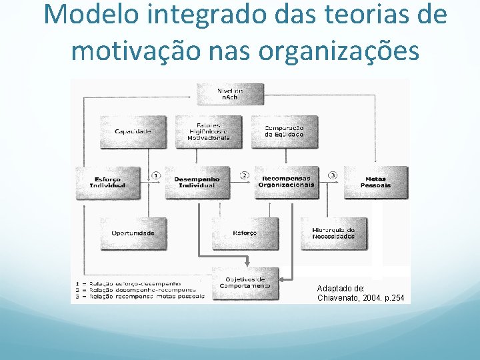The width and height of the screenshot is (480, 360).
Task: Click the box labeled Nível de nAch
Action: point(229,94)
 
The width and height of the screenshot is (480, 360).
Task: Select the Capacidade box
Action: point(133,131)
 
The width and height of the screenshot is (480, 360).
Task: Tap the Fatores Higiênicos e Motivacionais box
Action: point(208,131)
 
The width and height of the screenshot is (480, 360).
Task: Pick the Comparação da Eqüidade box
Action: point(284,131)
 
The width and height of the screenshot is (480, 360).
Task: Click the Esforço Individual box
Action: point(109,182)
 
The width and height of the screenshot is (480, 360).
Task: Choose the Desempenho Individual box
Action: point(196,182)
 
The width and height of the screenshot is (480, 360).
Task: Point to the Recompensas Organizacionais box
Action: point(286,182)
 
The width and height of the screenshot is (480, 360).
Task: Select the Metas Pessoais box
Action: point(375,182)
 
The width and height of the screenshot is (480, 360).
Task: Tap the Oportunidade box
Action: point(133,233)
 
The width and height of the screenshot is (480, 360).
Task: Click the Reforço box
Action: point(244,233)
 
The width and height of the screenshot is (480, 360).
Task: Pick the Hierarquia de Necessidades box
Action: point(333,233)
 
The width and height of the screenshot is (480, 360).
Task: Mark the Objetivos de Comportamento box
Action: point(245,283)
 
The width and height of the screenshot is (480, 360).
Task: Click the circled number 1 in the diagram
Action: point(156,175)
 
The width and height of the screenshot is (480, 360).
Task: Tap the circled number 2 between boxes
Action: point(244,175)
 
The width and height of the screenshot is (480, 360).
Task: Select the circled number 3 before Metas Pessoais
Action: point(332,175)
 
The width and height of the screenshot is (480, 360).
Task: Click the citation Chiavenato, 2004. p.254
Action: point(361,297)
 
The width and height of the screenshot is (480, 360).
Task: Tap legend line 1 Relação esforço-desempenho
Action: point(133,283)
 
